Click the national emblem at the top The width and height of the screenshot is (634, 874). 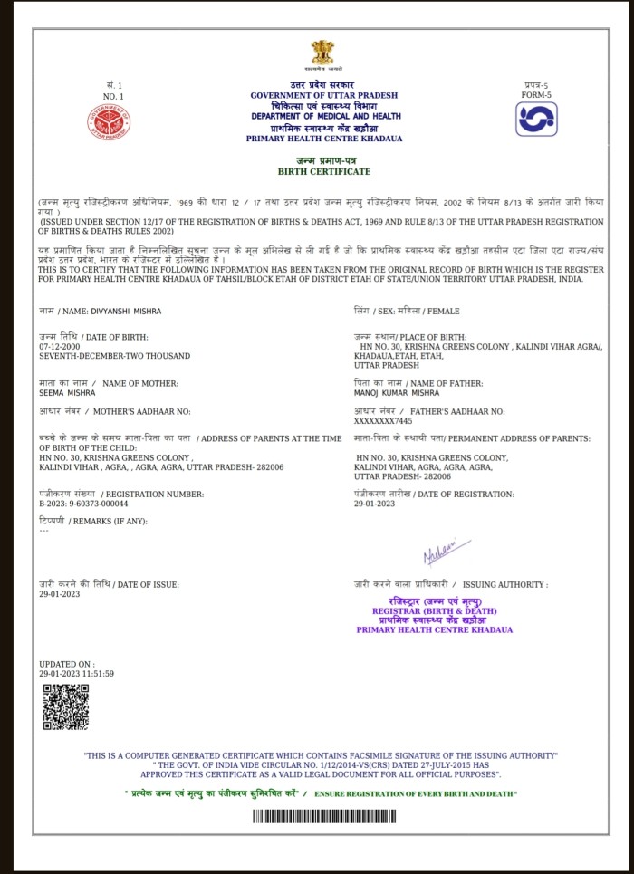pos(323,53)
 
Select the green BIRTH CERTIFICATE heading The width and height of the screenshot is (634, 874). pos(323,171)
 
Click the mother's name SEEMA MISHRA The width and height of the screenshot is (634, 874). pos(64,393)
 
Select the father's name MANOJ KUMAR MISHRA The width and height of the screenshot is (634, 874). pos(398,393)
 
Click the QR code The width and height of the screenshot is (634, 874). pos(66,707)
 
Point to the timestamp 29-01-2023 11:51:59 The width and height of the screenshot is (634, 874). pos(76,675)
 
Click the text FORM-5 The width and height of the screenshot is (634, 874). pos(536,94)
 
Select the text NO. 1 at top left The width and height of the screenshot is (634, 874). pos(113,96)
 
